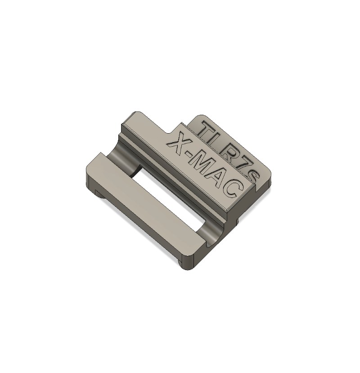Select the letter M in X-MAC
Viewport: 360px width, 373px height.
pyautogui.click(x=204, y=166)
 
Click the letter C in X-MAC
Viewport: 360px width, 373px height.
pyautogui.click(x=233, y=189)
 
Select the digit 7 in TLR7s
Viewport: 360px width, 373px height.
pyautogui.click(x=242, y=166)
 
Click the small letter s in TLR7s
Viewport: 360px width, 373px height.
pyautogui.click(x=252, y=177)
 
